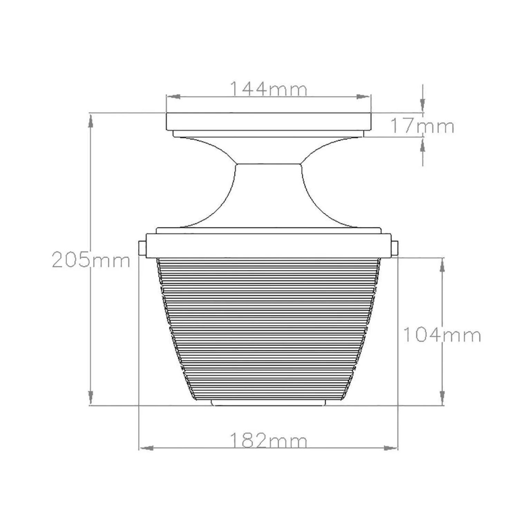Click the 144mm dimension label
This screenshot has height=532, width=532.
(268, 89)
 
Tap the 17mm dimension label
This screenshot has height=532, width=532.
(422, 126)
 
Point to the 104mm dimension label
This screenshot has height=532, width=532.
(442, 335)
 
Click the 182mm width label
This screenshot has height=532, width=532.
(268, 441)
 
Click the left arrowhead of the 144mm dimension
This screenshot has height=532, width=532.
(173, 97)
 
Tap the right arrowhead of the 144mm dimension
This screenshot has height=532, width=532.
(363, 97)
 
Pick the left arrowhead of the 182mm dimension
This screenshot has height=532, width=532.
(146, 448)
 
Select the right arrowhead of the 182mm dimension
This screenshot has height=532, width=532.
(391, 448)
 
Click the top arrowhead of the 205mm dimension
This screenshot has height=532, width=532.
(91, 121)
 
